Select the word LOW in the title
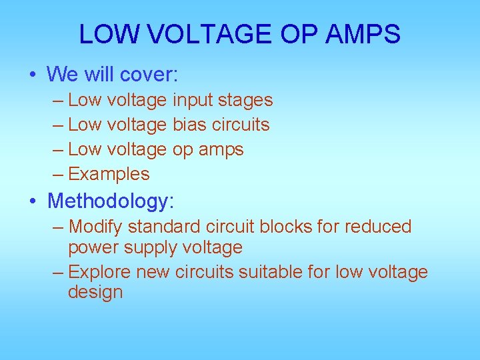tap(102, 34)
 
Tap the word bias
tap(190, 125)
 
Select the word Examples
tap(109, 175)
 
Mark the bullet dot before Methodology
tap(33, 201)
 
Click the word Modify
tap(97, 227)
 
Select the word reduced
tap(378, 227)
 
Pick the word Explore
tap(99, 272)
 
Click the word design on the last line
tap(95, 292)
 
